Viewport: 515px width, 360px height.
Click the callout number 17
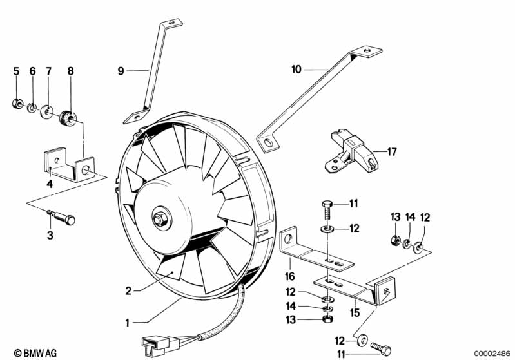[393, 152]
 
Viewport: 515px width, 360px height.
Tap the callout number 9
[120, 71]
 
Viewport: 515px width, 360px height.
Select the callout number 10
[296, 68]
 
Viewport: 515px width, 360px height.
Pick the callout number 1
[128, 321]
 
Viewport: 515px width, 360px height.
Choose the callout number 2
[128, 290]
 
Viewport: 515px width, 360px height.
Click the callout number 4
[50, 184]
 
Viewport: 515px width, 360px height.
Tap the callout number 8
[71, 71]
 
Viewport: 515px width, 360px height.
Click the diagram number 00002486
[493, 353]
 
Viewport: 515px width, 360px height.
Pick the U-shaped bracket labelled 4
[69, 166]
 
